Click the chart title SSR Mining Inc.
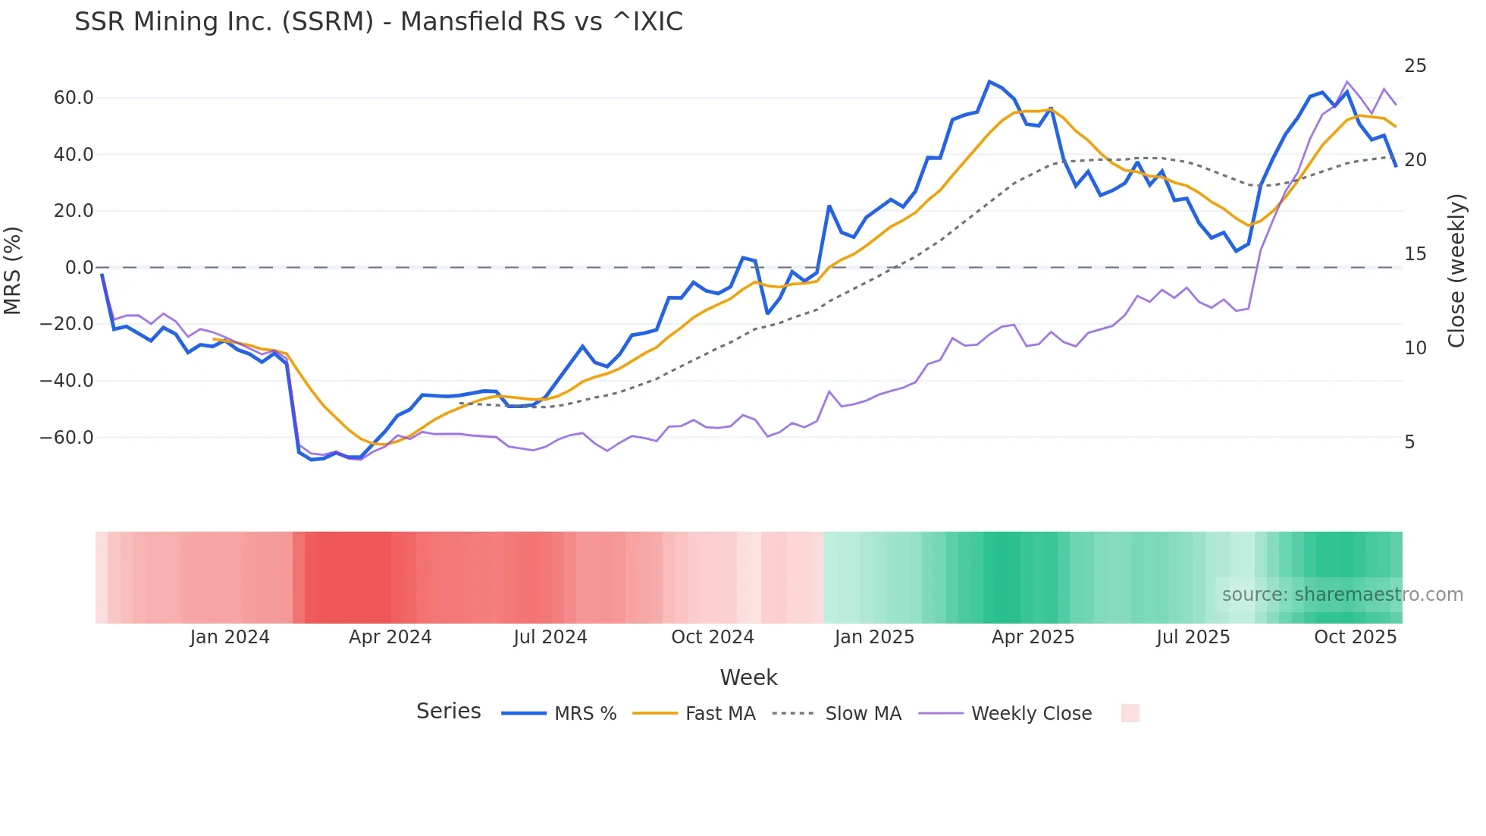[378, 22]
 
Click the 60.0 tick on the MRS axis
[74, 98]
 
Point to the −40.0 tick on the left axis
[67, 381]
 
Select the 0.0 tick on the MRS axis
[79, 268]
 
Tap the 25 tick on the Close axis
[1415, 66]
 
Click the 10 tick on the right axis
[1415, 348]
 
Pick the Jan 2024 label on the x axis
[230, 637]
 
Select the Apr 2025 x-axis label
[1033, 637]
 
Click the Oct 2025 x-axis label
[1355, 637]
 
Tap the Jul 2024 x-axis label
[550, 637]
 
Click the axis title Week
[748, 677]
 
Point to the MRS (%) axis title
[13, 270]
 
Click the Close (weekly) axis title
[1456, 270]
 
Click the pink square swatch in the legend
[1130, 713]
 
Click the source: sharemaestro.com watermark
[1342, 595]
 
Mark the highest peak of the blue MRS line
[989, 81]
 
